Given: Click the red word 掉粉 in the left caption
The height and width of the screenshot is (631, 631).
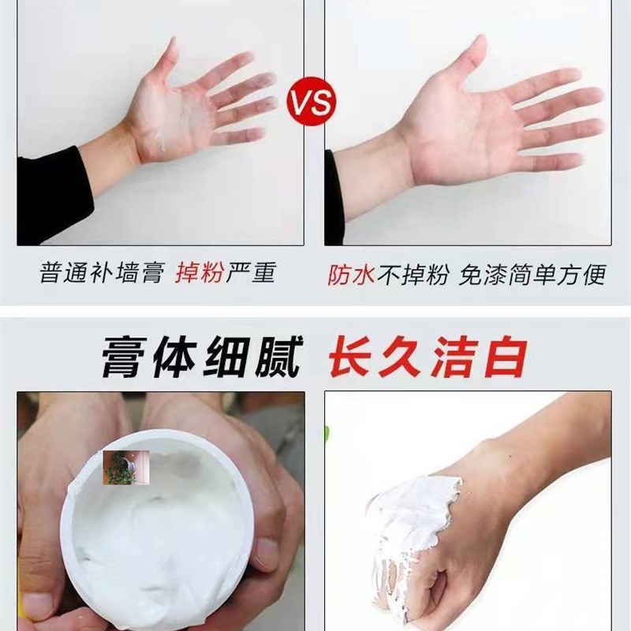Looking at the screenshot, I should click(x=200, y=274).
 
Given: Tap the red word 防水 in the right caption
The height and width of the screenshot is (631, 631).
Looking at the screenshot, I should click(x=351, y=274).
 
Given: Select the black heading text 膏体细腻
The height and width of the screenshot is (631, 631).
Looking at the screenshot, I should click(x=201, y=358).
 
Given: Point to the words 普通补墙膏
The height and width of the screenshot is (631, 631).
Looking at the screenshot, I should click(x=101, y=274).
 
